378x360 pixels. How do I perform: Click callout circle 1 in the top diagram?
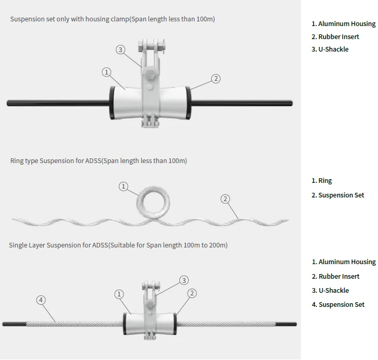click(107, 72)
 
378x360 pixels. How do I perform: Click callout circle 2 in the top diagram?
click(216, 79)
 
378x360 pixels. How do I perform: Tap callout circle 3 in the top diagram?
click(120, 49)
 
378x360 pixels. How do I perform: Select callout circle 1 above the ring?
click(124, 186)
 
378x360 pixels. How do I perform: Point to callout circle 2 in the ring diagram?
click(225, 198)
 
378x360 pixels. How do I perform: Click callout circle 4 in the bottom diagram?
click(41, 300)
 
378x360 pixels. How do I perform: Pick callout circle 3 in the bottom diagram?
click(184, 280)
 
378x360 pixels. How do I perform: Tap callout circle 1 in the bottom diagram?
click(120, 294)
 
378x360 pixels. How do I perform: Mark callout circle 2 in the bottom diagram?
click(192, 293)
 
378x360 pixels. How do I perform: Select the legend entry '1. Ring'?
click(322, 181)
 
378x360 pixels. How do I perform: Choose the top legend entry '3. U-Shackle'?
click(330, 49)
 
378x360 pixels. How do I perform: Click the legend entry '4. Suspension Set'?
click(338, 305)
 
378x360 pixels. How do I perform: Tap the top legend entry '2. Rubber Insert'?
click(335, 37)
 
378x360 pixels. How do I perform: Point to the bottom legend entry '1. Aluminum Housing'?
click(344, 262)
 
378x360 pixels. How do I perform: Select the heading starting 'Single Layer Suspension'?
click(118, 245)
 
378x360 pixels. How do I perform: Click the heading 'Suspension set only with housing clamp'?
click(112, 19)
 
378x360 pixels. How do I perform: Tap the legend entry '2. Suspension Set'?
click(338, 195)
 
